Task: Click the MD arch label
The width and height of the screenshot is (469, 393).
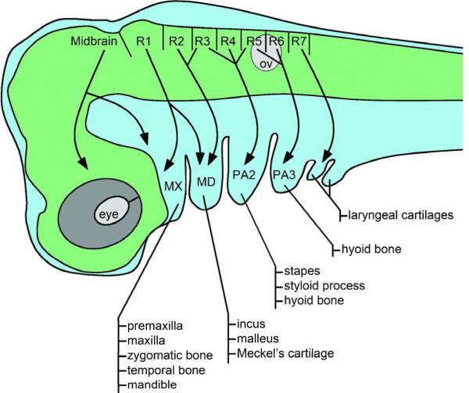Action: click(x=206, y=181)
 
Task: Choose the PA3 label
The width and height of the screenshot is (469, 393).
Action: click(x=284, y=173)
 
